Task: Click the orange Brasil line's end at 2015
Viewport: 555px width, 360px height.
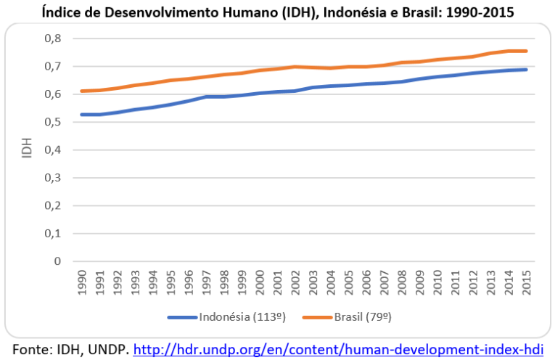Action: tap(527, 51)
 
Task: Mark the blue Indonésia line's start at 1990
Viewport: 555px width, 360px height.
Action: tap(81, 115)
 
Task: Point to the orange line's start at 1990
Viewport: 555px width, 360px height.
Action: tap(81, 91)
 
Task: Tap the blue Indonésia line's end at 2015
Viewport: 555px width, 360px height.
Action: tap(527, 70)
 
